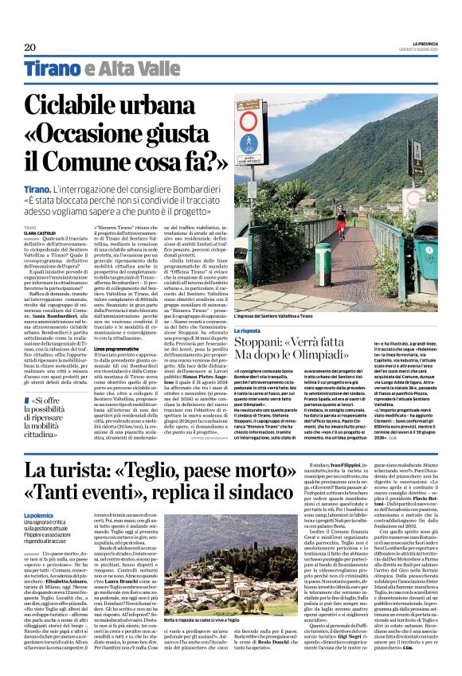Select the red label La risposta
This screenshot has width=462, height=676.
point(247,330)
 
